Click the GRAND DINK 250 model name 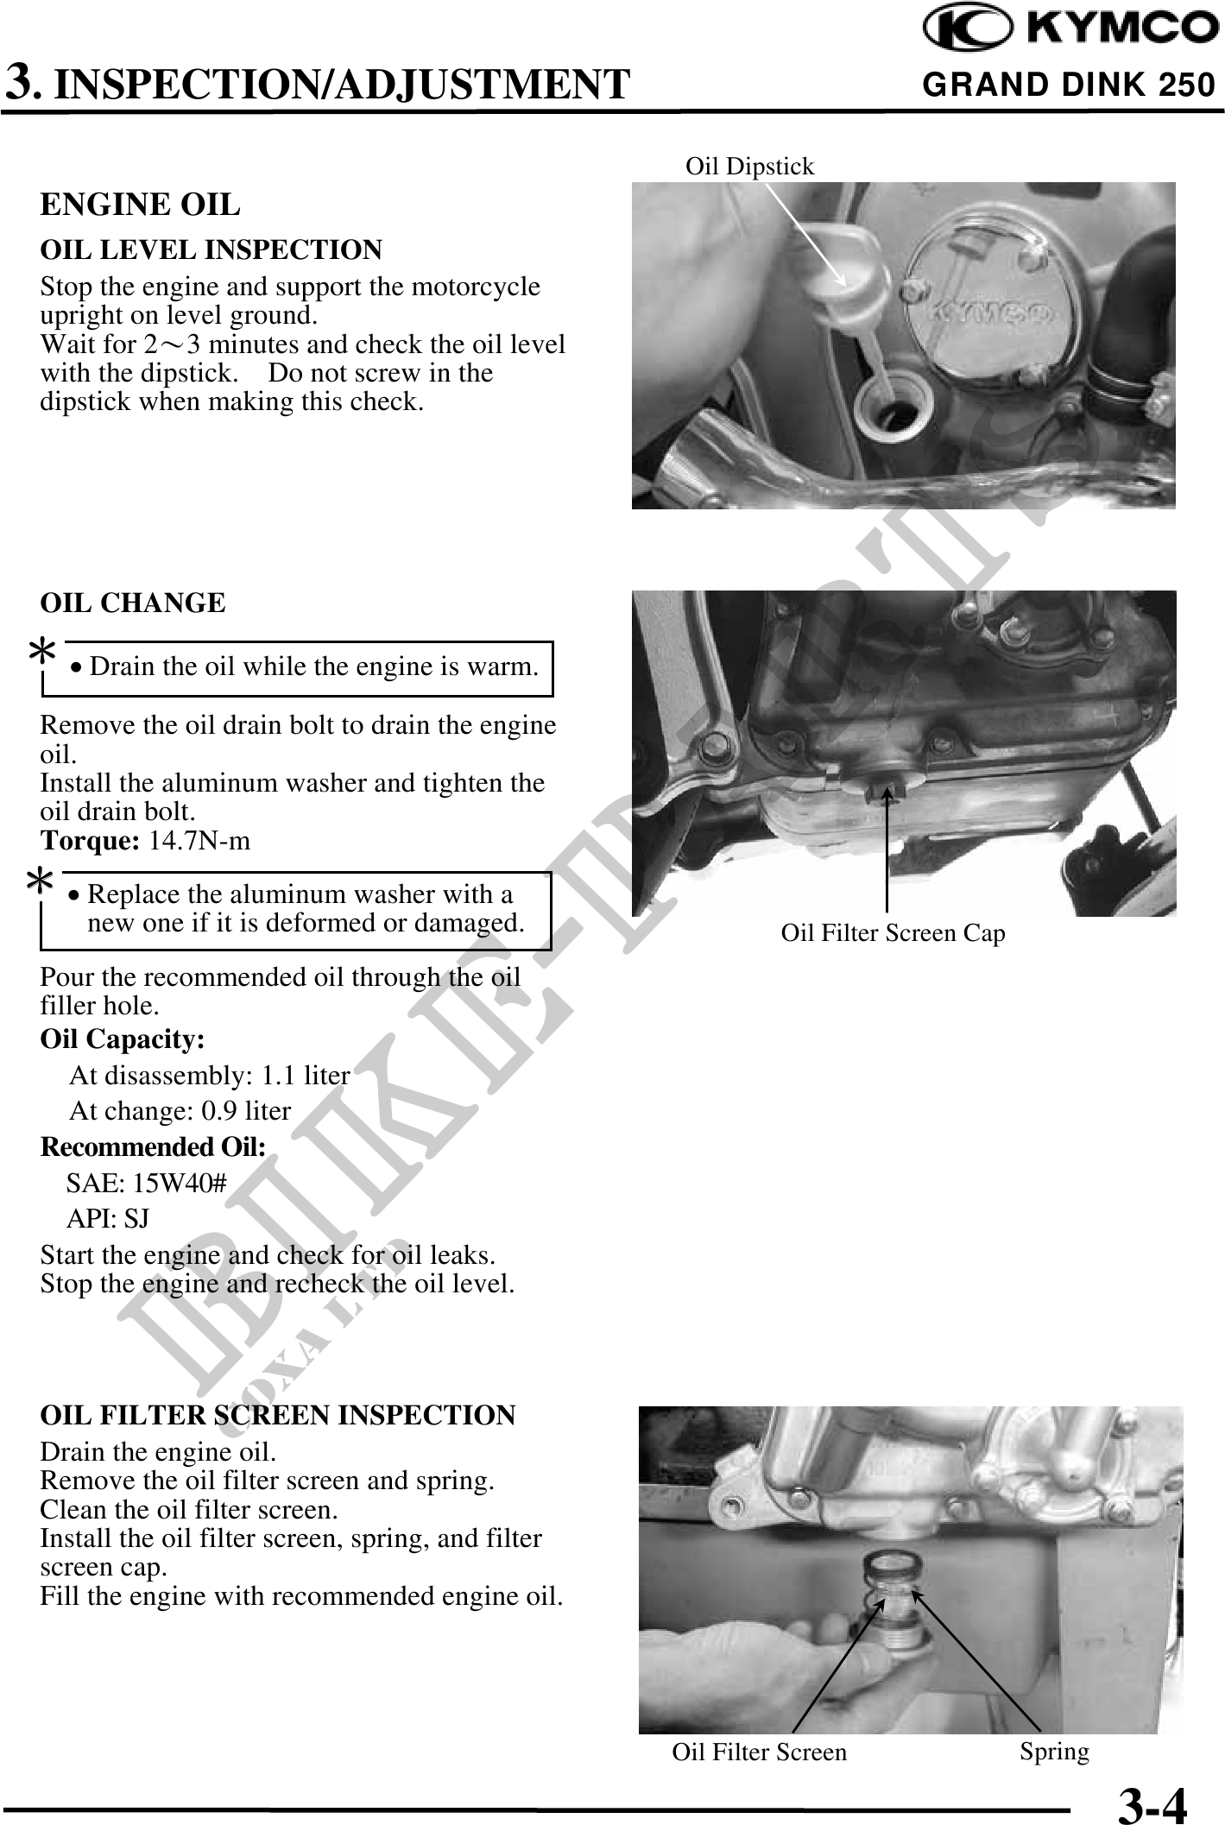tap(1069, 85)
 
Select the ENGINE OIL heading tap(141, 205)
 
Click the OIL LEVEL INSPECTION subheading tap(212, 250)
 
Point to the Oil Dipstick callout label tap(749, 166)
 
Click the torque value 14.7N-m tap(200, 841)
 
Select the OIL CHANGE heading tap(134, 603)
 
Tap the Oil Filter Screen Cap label tap(893, 933)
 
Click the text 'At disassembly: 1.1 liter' tap(210, 1076)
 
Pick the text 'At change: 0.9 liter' tap(180, 1110)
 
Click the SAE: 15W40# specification tap(147, 1183)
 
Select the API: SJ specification tap(109, 1218)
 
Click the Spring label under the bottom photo tap(1054, 1752)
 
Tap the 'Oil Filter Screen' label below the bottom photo tap(760, 1752)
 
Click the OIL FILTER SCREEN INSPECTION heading tap(278, 1416)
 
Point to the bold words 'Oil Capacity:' tap(123, 1039)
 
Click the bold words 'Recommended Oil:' tap(154, 1147)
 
